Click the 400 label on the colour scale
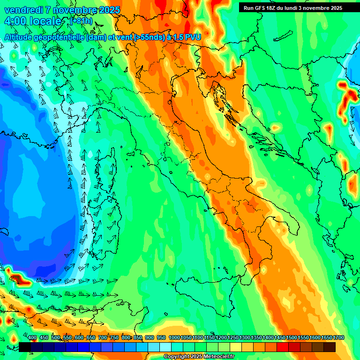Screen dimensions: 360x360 [32, 337]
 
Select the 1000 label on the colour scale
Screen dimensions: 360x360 [174, 337]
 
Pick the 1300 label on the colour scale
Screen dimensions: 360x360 [245, 337]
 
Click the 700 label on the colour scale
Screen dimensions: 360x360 [103, 337]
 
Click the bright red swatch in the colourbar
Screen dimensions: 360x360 [283, 347]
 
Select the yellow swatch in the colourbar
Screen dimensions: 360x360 [236, 347]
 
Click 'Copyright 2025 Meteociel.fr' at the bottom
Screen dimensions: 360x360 [200, 356]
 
